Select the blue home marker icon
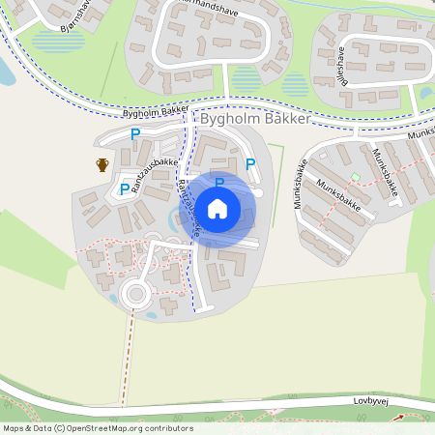pyautogui.click(x=218, y=209)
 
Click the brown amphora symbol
pyautogui.click(x=102, y=164)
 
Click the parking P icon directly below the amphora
pyautogui.click(x=124, y=188)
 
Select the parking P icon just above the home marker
pyautogui.click(x=219, y=182)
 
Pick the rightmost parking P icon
pyautogui.click(x=250, y=164)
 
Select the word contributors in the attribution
pyautogui.click(x=167, y=428)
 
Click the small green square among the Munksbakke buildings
pyautogui.click(x=355, y=177)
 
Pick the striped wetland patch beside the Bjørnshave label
pyautogui.click(x=54, y=42)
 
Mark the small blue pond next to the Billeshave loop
pyautogui.click(x=425, y=93)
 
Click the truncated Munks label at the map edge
pyautogui.click(x=420, y=135)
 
